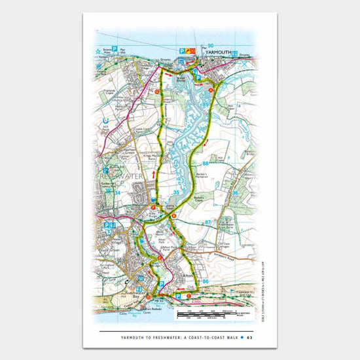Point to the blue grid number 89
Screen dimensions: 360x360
click(x=206, y=105)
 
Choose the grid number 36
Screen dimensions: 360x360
click(x=235, y=193)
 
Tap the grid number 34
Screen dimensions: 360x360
click(x=117, y=193)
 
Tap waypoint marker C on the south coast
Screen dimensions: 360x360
click(x=189, y=295)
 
